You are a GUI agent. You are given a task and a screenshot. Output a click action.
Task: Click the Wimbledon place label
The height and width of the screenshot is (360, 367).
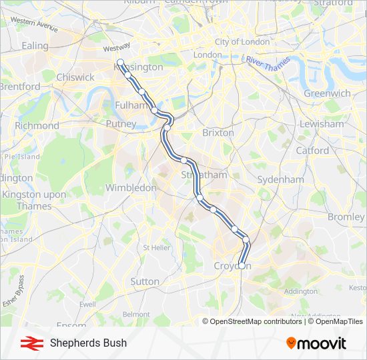[130, 188]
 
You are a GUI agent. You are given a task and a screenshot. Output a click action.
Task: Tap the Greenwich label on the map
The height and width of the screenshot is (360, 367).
[327, 93]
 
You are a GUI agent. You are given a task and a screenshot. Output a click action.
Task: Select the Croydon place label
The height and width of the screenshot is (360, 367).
[232, 266]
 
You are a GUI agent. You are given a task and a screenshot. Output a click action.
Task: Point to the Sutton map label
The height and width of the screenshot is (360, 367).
[145, 281]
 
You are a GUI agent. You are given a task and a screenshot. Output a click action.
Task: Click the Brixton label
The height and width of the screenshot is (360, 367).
[218, 133]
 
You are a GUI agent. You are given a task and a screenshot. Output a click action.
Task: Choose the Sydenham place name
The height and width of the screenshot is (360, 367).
[280, 179]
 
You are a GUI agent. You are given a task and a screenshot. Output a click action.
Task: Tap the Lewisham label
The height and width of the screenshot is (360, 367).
[322, 124]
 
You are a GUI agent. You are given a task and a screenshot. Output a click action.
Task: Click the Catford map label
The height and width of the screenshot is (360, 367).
[312, 150]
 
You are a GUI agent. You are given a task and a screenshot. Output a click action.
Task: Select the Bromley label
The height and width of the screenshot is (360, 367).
[346, 217]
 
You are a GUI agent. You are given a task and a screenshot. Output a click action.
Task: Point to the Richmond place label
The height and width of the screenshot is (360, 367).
[37, 125]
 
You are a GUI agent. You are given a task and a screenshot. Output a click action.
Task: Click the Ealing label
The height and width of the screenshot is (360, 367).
[35, 46]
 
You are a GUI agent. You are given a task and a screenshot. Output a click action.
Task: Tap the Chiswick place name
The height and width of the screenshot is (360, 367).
[75, 77]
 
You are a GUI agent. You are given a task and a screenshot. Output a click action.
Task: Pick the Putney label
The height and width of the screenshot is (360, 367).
[121, 123]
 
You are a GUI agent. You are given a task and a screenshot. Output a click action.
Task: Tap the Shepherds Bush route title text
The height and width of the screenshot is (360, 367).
[88, 343]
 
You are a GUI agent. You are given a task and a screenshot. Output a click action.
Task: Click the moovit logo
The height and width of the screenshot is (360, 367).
[316, 343]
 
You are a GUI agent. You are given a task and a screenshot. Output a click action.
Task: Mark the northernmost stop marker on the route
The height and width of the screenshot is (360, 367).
[121, 63]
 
